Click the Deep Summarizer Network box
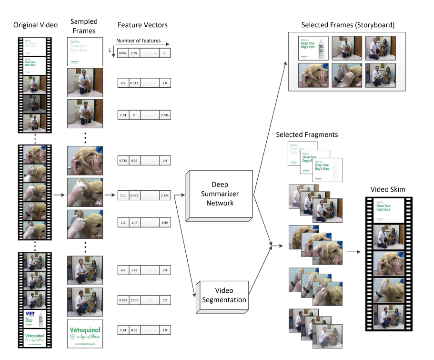click(217, 194)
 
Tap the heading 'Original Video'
click(35, 25)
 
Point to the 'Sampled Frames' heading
click(83, 26)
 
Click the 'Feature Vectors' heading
click(144, 25)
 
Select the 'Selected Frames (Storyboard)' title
click(348, 25)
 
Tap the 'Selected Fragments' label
click(307, 135)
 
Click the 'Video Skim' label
click(388, 190)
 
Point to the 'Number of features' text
click(139, 41)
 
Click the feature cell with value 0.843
click(123, 53)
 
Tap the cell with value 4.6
click(123, 270)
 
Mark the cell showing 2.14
click(123, 330)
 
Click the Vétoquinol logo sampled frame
click(85, 332)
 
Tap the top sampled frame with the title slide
click(85, 51)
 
